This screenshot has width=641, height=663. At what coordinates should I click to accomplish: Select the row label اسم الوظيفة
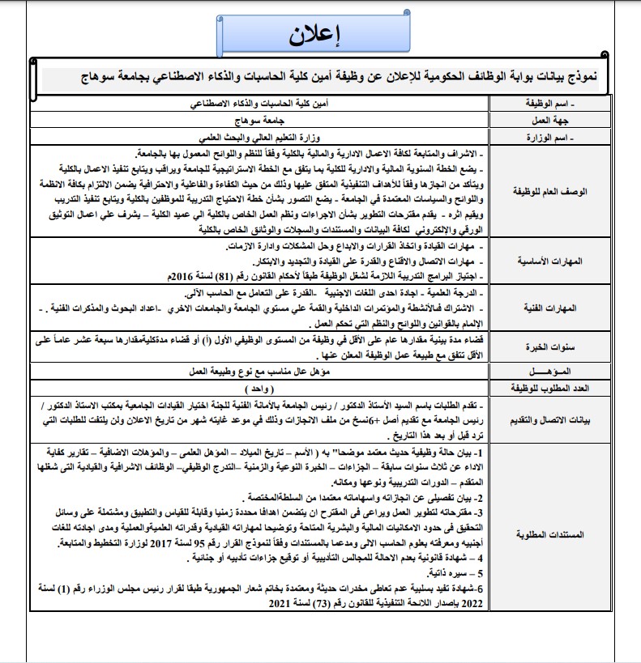[545, 105]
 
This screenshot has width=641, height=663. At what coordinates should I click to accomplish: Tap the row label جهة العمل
[545, 121]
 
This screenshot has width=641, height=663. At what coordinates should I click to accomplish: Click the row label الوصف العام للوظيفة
[545, 192]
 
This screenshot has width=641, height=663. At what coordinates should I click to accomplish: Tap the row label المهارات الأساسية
[545, 263]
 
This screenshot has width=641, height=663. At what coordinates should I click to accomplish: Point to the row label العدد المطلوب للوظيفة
[545, 387]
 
